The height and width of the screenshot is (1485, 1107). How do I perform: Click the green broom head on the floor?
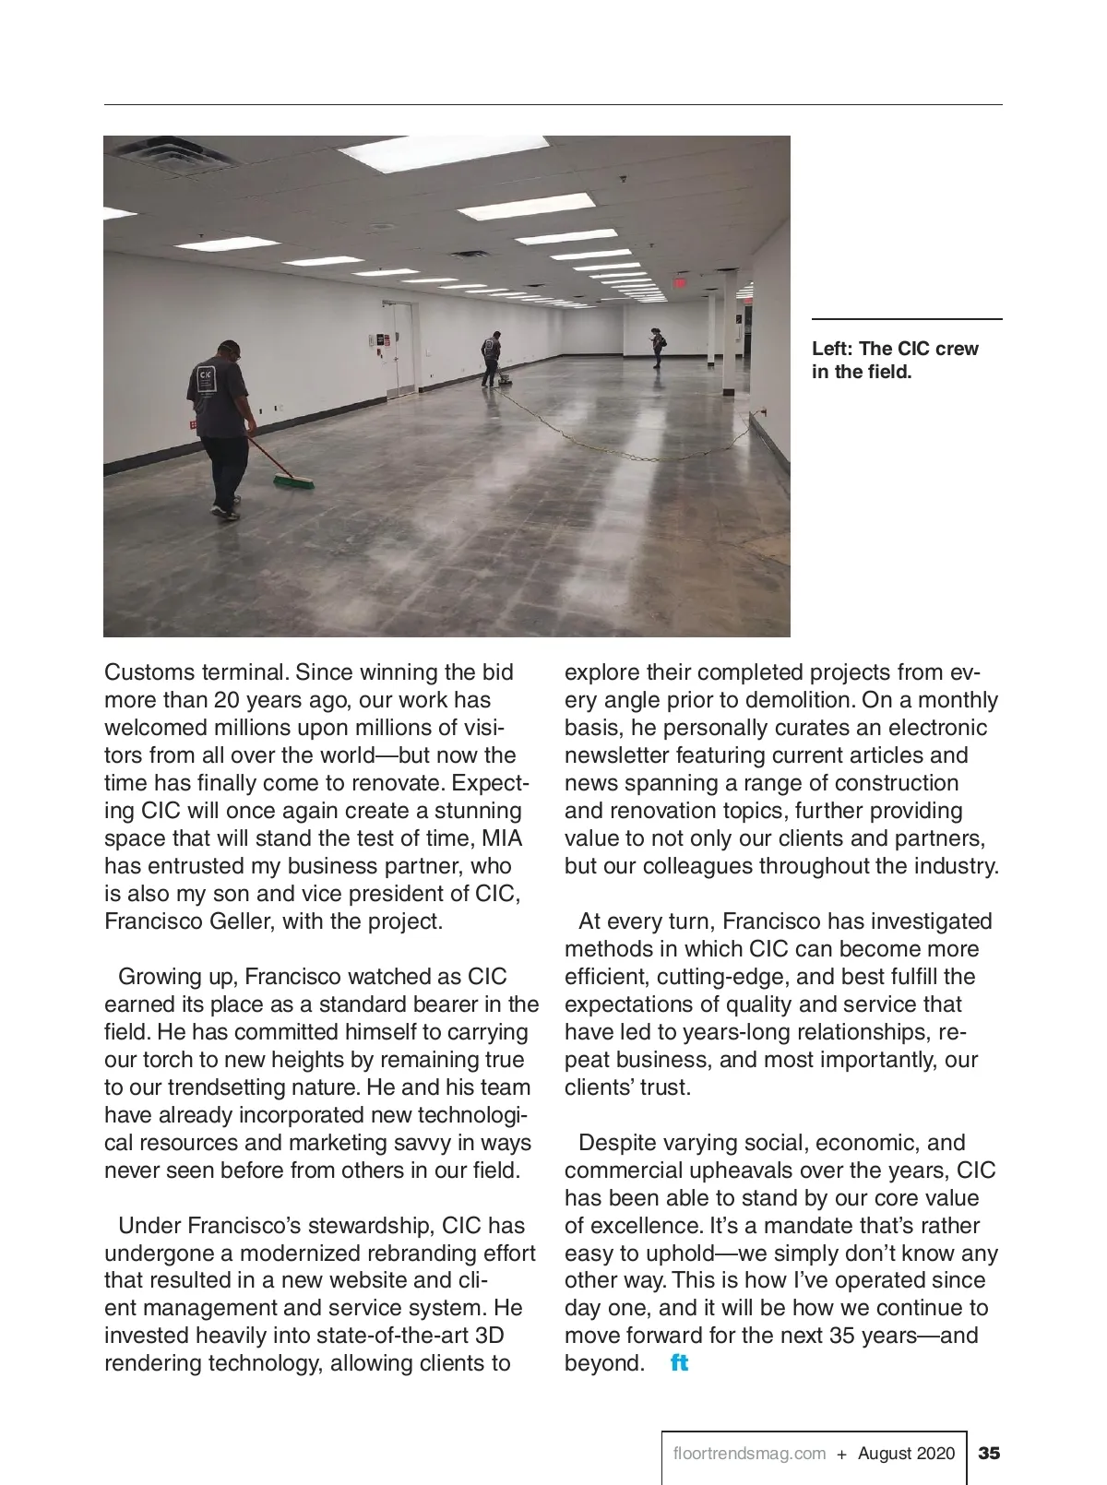(x=294, y=481)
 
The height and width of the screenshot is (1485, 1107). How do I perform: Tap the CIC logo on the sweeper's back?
(x=206, y=379)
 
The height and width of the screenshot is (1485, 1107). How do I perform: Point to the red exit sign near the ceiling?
(x=680, y=282)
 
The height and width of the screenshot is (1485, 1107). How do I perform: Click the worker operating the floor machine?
(x=492, y=359)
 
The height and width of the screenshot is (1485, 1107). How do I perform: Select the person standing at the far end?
(x=658, y=348)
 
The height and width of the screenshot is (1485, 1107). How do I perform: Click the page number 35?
(x=989, y=1454)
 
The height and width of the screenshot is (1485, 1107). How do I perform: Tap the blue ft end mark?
(x=679, y=1363)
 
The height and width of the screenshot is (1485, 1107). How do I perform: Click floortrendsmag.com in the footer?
(x=749, y=1454)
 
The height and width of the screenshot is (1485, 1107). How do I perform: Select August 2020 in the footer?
(x=906, y=1454)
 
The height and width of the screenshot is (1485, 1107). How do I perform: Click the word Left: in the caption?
(x=832, y=349)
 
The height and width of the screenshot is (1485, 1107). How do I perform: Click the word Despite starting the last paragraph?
(x=616, y=1143)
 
